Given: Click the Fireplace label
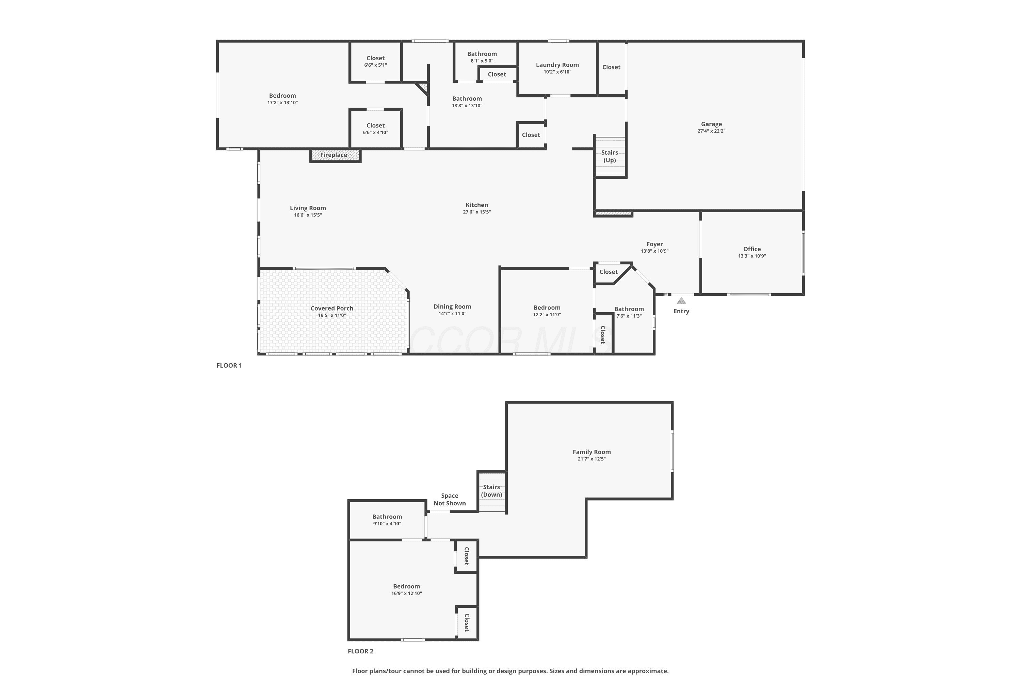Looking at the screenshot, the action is click(334, 155).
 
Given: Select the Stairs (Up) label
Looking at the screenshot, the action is click(610, 156).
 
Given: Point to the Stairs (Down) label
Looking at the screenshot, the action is click(491, 491).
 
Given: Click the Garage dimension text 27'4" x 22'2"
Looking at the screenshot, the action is click(711, 131).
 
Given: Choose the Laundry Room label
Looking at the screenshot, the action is click(557, 65).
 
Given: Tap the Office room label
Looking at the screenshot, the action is click(752, 249).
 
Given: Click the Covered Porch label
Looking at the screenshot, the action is click(331, 308).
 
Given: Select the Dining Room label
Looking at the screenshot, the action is click(452, 307).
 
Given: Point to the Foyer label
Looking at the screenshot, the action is click(654, 244).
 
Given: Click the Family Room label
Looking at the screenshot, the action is click(592, 452).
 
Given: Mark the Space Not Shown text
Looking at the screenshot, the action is click(450, 500).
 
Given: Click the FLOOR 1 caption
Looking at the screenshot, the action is click(229, 365).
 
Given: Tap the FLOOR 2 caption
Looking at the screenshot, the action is click(360, 651).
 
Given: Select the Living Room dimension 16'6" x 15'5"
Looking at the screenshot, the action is click(308, 215).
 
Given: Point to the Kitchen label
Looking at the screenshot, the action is click(477, 205).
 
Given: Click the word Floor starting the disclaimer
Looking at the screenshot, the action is click(360, 671).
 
